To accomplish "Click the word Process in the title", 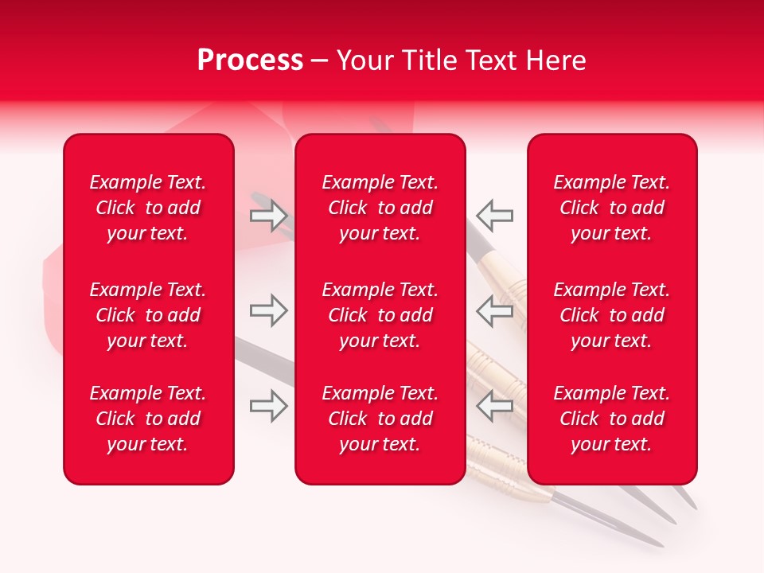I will pyautogui.click(x=250, y=60).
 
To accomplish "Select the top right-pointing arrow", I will pyautogui.click(x=269, y=215).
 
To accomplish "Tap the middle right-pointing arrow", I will pyautogui.click(x=269, y=310).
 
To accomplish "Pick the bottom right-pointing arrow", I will pyautogui.click(x=269, y=406).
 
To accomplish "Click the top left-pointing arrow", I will pyautogui.click(x=494, y=215).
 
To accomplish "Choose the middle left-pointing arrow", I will pyautogui.click(x=494, y=310).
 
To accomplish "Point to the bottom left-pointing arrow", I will pyautogui.click(x=494, y=406).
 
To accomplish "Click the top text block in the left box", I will pyautogui.click(x=148, y=208).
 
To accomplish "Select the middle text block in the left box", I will pyautogui.click(x=148, y=315).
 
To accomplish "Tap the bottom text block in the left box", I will pyautogui.click(x=148, y=419).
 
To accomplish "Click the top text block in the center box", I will pyautogui.click(x=380, y=208).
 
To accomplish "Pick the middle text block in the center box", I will pyautogui.click(x=380, y=315).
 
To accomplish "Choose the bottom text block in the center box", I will pyautogui.click(x=380, y=419).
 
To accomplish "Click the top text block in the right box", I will pyautogui.click(x=612, y=208).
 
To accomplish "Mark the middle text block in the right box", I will pyautogui.click(x=612, y=315).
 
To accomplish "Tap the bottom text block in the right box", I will pyautogui.click(x=612, y=419).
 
